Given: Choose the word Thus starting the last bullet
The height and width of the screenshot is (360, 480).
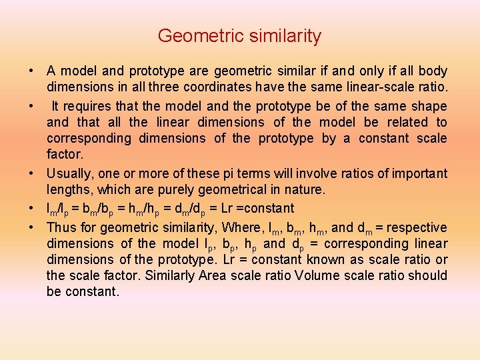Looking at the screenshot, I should click(x=60, y=227).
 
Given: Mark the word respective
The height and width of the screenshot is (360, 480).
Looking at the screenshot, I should click(x=419, y=227).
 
